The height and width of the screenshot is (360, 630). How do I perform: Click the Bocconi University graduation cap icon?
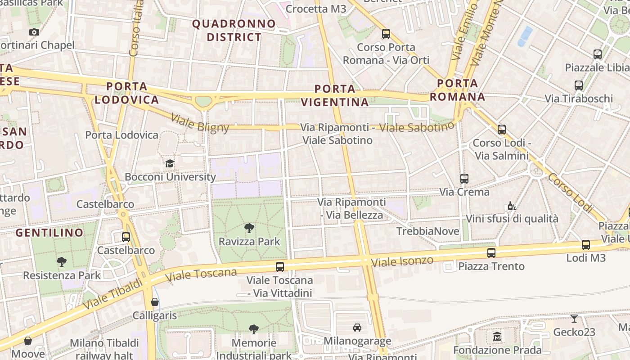[x=170, y=163]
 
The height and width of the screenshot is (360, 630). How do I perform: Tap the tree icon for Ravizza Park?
[x=249, y=228]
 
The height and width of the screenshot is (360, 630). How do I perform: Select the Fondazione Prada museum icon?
[x=497, y=337]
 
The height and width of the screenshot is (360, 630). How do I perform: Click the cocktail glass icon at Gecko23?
[x=574, y=319]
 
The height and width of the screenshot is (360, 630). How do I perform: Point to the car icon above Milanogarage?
[x=357, y=328]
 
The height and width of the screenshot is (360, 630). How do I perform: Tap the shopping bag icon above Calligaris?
[x=155, y=302]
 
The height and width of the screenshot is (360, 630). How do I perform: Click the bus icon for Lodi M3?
[x=586, y=245]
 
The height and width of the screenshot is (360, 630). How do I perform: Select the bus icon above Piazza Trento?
[x=491, y=253]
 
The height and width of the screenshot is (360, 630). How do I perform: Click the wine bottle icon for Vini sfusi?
[x=512, y=206]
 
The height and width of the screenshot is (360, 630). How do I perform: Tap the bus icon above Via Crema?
[x=464, y=179]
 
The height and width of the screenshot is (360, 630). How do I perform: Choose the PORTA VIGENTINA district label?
[x=335, y=95]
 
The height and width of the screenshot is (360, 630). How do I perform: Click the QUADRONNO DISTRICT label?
[x=234, y=30]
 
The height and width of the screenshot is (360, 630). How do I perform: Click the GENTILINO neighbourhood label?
[x=49, y=233]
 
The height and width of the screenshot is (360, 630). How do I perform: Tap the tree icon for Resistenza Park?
[x=62, y=262]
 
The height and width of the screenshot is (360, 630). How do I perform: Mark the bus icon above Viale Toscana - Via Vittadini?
[x=280, y=267]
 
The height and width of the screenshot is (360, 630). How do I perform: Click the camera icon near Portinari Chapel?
[x=34, y=32]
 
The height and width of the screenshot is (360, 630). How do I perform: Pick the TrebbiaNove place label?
[x=427, y=231]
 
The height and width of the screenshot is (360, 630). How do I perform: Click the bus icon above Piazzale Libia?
[x=598, y=54]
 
